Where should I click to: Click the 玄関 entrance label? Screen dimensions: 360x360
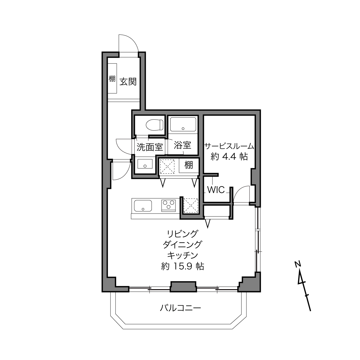click(x=128, y=82)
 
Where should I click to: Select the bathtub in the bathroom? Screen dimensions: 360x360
click(x=183, y=124)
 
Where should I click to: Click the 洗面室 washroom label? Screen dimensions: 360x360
click(x=150, y=147)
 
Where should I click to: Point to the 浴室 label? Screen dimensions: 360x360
click(x=182, y=145)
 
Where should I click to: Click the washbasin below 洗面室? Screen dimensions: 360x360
click(x=145, y=164)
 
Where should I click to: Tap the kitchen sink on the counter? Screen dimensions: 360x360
click(x=143, y=206)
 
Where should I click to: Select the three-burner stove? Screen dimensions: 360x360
click(x=168, y=206)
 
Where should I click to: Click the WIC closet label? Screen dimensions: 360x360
click(x=216, y=190)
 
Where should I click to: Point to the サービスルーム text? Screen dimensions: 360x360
click(x=229, y=146)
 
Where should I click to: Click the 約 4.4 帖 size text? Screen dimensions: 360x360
click(x=229, y=156)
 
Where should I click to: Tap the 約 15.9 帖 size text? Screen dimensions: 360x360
click(x=182, y=266)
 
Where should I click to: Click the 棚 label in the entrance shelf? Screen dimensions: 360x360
click(x=112, y=79)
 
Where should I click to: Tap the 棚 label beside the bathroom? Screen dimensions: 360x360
click(x=189, y=165)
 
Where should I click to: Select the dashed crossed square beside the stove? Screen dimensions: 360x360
click(x=191, y=206)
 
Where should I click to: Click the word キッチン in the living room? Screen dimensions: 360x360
click(x=182, y=255)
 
